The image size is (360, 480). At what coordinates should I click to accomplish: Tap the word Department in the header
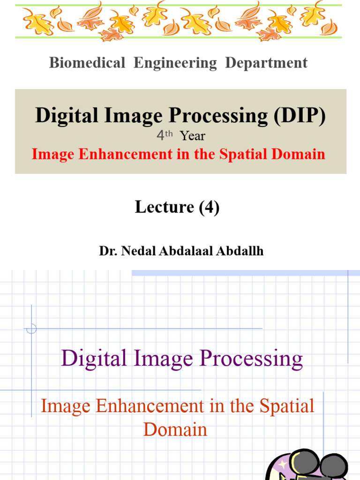266,63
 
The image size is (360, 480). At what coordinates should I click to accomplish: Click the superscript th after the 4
169,134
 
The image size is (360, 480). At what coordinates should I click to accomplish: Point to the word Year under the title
193,136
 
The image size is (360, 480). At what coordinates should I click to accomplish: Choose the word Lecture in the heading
165,207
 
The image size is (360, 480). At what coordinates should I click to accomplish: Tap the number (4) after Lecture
209,207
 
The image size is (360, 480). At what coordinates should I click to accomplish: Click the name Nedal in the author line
138,251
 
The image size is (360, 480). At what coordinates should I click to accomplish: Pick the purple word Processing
251,360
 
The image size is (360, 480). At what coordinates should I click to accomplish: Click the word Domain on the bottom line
175,429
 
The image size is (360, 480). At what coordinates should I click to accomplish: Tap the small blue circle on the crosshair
31,329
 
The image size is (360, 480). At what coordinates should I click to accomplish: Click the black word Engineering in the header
175,63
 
